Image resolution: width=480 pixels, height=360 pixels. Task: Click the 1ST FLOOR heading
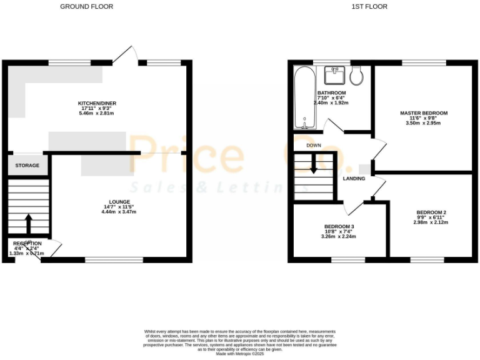click(x=369, y=7)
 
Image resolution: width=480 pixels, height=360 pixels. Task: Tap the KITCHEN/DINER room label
click(x=97, y=103)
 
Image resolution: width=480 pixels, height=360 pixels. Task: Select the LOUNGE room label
click(x=119, y=201)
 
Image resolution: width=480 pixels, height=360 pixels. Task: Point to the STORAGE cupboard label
click(x=27, y=166)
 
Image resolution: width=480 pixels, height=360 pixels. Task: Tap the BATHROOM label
click(x=331, y=93)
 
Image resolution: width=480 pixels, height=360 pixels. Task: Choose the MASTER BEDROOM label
click(x=424, y=113)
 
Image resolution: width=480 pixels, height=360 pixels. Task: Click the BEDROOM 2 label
click(x=431, y=212)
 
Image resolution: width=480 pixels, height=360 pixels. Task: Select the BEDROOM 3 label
click(x=339, y=226)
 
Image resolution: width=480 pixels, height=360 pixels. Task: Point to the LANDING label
click(x=354, y=179)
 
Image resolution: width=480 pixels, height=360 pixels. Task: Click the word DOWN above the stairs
click(x=314, y=145)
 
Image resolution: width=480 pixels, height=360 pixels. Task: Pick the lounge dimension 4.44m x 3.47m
click(x=119, y=212)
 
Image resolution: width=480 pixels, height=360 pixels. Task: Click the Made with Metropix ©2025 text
click(x=240, y=354)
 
